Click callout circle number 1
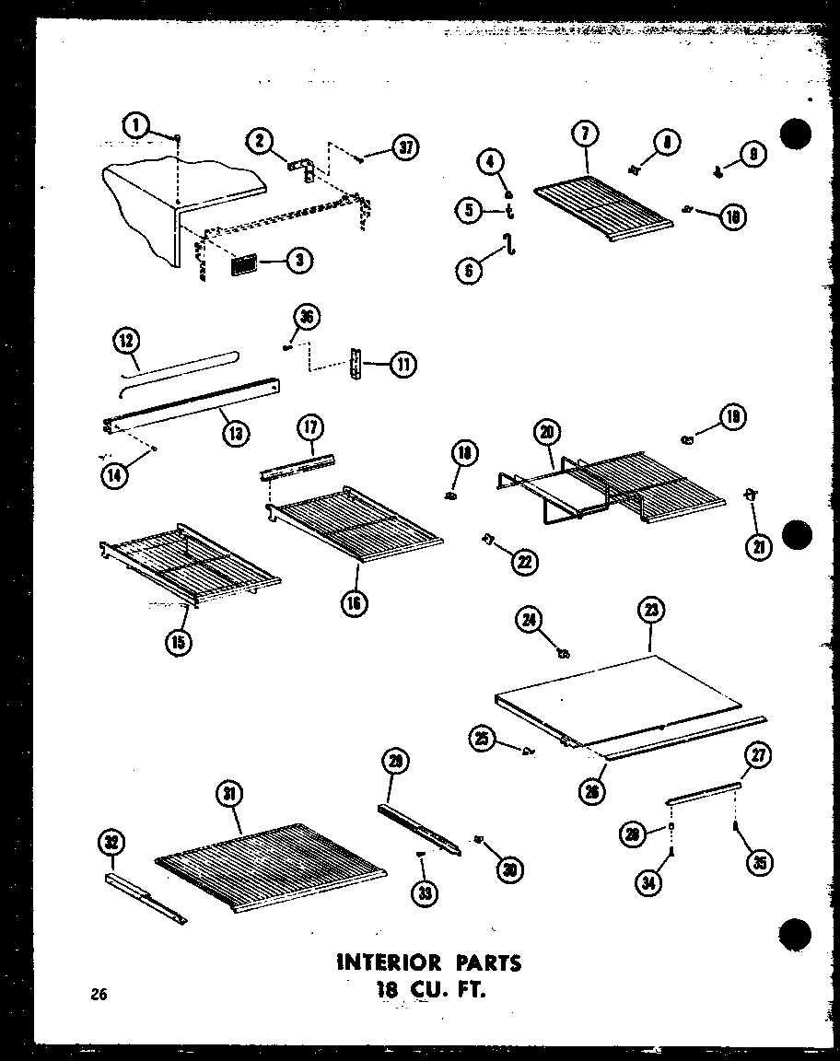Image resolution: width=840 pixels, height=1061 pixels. click(136, 125)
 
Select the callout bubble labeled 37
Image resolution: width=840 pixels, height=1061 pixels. click(403, 148)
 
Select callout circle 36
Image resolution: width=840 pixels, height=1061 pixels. click(305, 318)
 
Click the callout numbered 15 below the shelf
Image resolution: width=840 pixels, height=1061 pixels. click(179, 642)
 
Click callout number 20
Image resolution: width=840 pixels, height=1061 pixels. click(547, 432)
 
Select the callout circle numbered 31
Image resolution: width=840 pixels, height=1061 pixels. click(229, 793)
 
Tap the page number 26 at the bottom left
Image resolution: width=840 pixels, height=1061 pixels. click(99, 993)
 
